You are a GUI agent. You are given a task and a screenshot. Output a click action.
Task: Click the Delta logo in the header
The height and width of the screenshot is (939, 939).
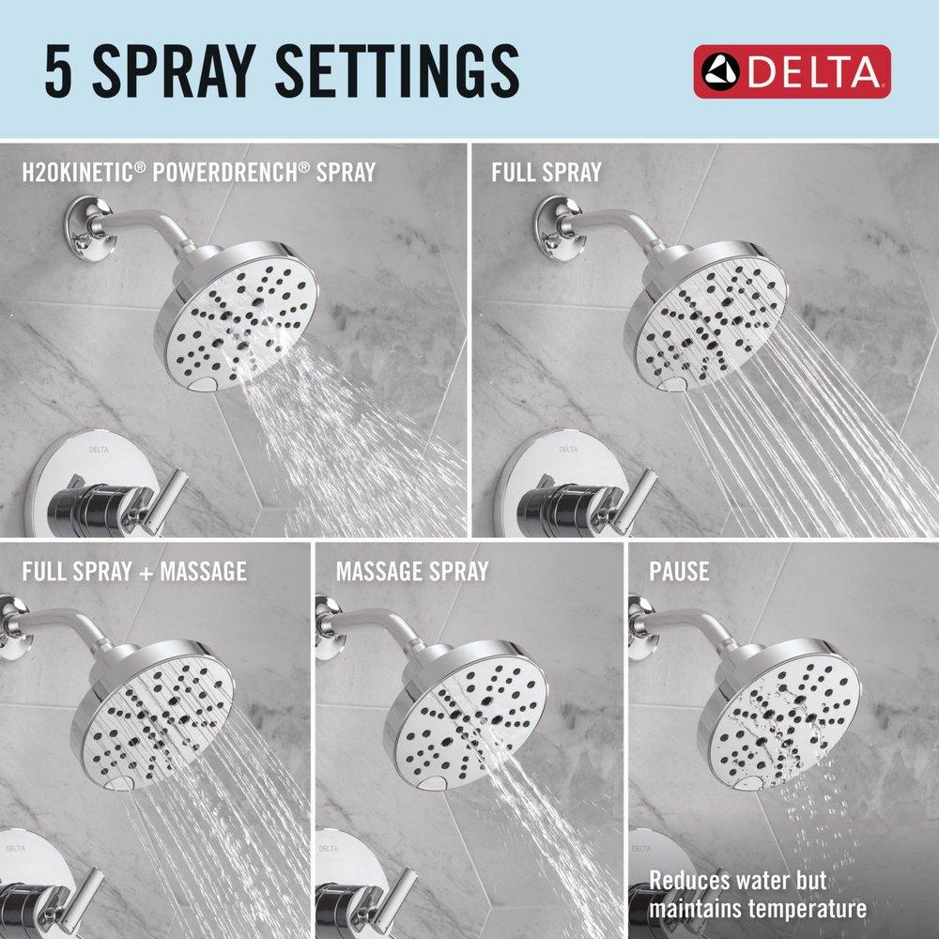click(x=792, y=71)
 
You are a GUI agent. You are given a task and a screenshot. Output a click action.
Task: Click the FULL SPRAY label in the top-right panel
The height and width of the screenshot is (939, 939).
click(x=546, y=173)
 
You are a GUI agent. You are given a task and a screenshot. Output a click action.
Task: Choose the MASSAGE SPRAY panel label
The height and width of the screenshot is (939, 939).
click(x=412, y=571)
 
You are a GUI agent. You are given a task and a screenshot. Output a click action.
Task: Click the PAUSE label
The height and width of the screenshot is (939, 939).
click(x=679, y=571)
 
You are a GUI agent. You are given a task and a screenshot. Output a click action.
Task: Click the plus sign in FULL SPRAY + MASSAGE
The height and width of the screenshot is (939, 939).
click(x=132, y=571)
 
